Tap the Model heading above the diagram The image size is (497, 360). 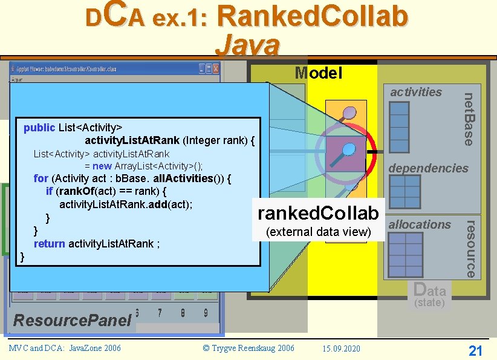pos(318,73)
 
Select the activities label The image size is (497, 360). pos(416,92)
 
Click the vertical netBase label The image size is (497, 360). pos(469,118)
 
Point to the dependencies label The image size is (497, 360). pos(428,168)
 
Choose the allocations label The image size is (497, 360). pos(420,224)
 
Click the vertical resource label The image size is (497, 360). pos(469,248)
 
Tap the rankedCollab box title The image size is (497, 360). pos(318,213)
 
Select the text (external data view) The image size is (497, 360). pos(318,232)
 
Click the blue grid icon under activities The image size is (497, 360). pos(400,122)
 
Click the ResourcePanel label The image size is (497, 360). pos(72,320)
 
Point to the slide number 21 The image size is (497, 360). pos(475,350)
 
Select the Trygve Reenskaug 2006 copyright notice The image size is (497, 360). pos(248,349)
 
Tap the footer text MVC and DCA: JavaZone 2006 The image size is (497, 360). pos(65,348)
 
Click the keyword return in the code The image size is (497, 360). pos(50,244)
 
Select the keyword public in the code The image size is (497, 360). pos(39,128)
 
